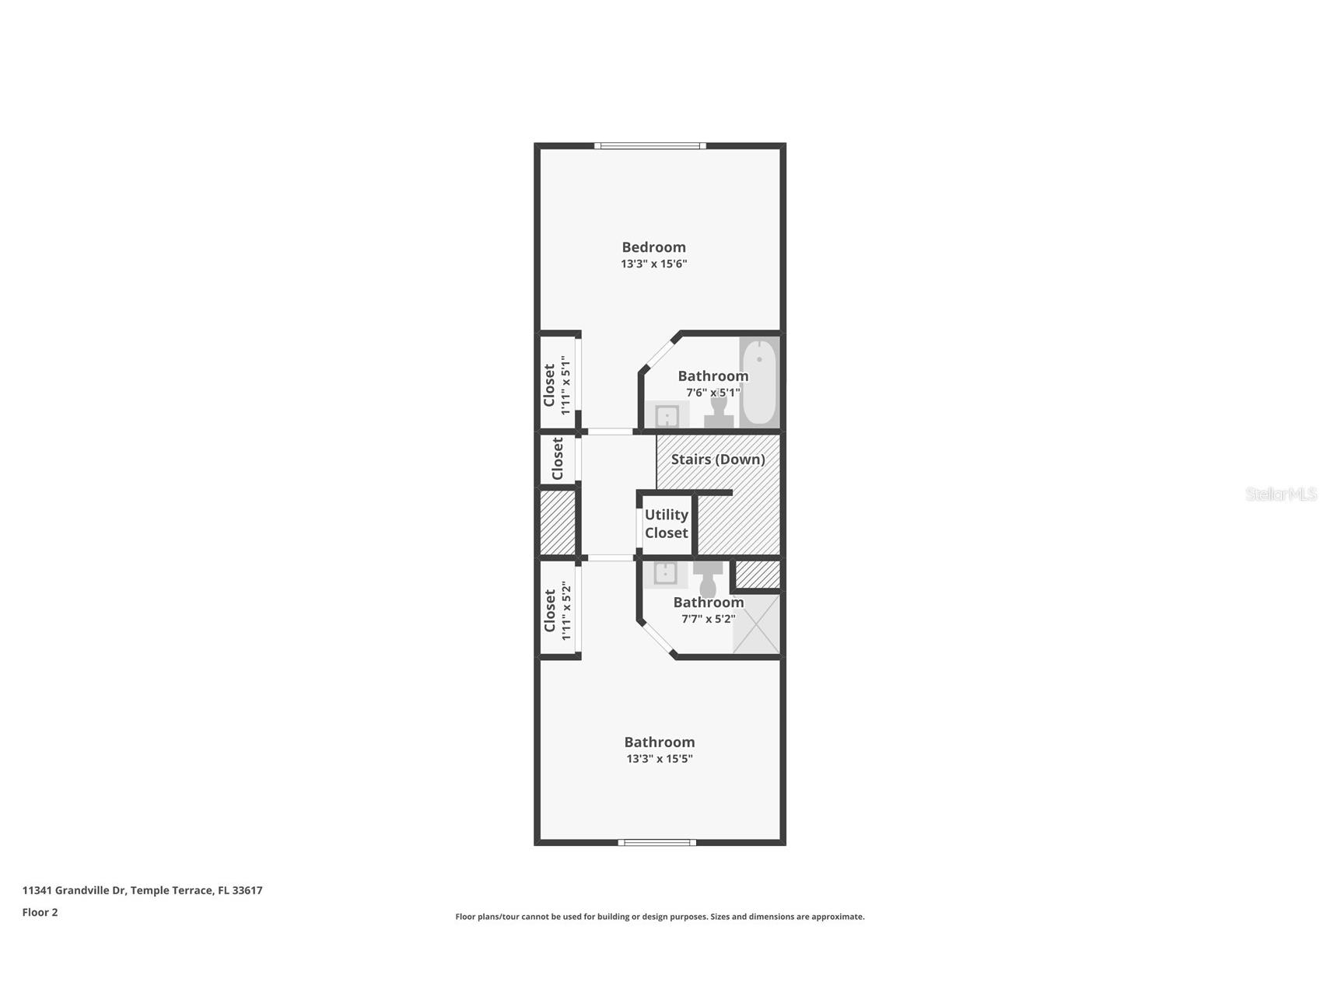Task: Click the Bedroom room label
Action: coord(653,247)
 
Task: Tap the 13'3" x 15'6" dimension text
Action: coord(653,264)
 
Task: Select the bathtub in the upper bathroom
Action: coord(759,382)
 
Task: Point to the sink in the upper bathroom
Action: coord(667,415)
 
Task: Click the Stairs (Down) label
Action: coord(718,460)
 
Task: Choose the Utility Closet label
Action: coord(667,524)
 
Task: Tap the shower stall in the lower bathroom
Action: coord(757,624)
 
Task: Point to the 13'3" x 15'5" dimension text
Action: coord(660,759)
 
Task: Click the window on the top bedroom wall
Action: coord(650,145)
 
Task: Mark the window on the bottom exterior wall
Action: coord(657,842)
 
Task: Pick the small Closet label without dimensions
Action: coord(557,459)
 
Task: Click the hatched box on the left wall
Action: coord(558,522)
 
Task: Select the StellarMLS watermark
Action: coord(1281,494)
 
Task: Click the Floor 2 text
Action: coord(40,913)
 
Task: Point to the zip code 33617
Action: coord(247,890)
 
